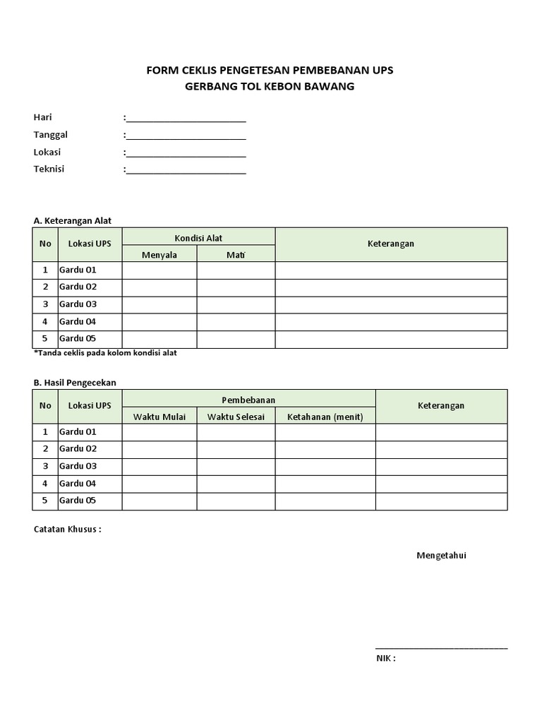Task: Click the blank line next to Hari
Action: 186,118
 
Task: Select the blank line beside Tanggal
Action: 186,136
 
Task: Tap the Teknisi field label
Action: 49,169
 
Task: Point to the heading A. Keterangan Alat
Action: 73,221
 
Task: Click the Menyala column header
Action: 159,255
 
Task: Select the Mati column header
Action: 236,255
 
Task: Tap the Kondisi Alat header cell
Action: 198,238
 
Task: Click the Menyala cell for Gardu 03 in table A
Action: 159,304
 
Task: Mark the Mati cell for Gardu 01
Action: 236,270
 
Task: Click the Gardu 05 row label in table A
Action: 78,339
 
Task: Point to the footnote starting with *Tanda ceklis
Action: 105,353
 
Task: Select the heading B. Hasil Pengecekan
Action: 75,383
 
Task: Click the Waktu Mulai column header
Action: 159,417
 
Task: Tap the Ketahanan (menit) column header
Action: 325,417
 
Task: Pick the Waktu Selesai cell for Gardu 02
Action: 236,449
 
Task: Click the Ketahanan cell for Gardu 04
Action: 325,484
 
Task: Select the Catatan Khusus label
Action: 67,530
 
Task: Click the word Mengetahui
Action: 441,556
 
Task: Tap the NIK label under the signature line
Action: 385,659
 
